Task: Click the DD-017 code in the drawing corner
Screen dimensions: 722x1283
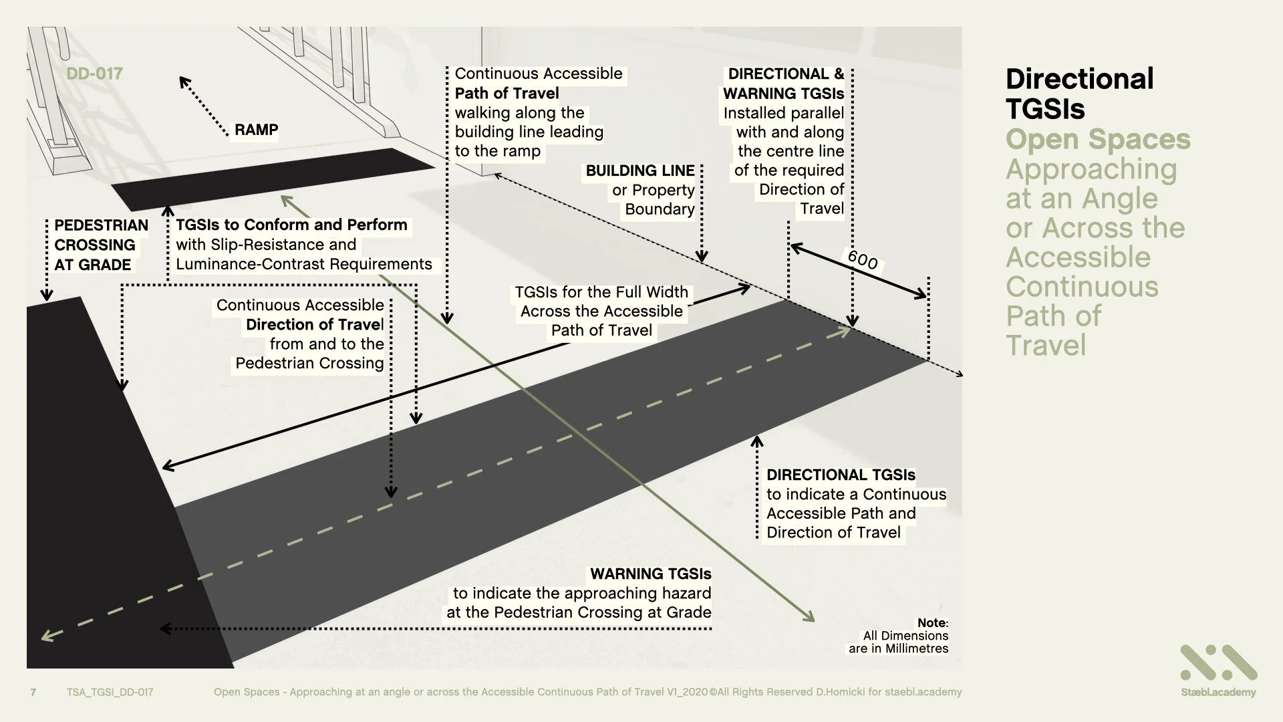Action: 94,74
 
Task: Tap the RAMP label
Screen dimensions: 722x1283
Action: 256,130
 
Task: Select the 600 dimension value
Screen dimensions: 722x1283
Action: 862,259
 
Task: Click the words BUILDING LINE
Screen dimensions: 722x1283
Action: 639,170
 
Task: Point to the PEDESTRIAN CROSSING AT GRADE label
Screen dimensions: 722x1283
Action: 100,245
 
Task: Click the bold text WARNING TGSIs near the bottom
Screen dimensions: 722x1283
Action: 650,574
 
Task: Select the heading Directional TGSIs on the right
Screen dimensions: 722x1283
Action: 1079,94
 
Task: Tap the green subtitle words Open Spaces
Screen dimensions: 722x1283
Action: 1097,139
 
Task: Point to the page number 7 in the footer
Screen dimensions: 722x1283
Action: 33,692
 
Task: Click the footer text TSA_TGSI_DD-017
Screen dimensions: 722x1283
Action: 110,692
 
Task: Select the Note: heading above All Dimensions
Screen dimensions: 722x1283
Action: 932,623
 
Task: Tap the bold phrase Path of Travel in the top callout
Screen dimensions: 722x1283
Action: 507,93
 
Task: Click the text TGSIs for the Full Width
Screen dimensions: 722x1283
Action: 601,292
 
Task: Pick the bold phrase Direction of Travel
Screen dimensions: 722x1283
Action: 314,325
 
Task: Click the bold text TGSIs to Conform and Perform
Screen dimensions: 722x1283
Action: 291,225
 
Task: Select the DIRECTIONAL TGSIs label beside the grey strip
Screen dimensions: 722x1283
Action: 841,475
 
